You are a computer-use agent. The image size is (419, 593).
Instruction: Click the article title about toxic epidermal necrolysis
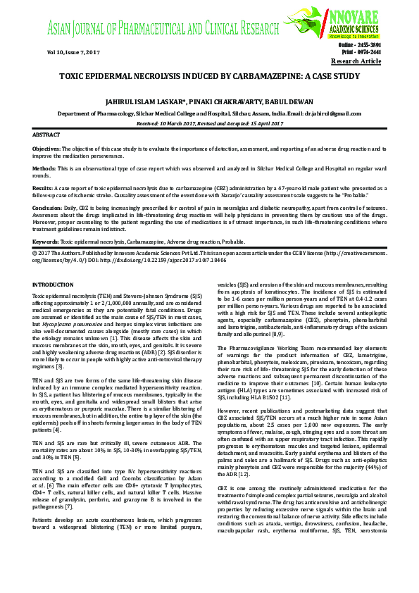click(209, 76)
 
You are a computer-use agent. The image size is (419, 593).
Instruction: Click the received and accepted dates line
click(209, 123)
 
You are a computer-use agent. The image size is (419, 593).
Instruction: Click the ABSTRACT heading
click(46, 134)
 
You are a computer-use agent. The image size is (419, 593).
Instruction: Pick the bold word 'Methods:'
click(44, 170)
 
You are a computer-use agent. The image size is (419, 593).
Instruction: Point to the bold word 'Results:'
click(42, 189)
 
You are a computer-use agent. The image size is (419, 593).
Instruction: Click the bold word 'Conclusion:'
click(47, 209)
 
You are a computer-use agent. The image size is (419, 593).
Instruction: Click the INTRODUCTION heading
click(53, 284)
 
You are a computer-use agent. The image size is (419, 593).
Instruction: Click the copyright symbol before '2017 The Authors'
click(35, 251)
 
